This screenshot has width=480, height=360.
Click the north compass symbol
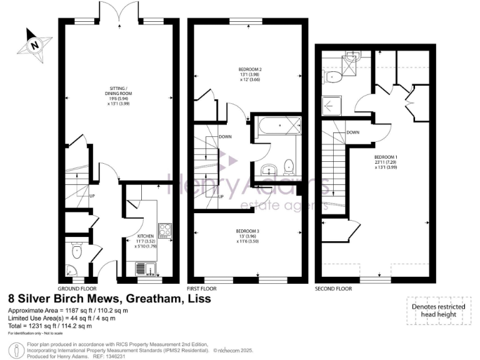tap(34, 44)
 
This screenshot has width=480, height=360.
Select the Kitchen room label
tap(146, 241)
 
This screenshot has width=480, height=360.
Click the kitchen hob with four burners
tap(164, 231)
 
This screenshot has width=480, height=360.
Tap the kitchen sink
tap(143, 269)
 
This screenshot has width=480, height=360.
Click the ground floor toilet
tap(77, 251)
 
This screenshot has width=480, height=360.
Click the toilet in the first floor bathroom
tap(289, 166)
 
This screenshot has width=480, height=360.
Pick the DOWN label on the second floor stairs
tap(352, 132)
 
